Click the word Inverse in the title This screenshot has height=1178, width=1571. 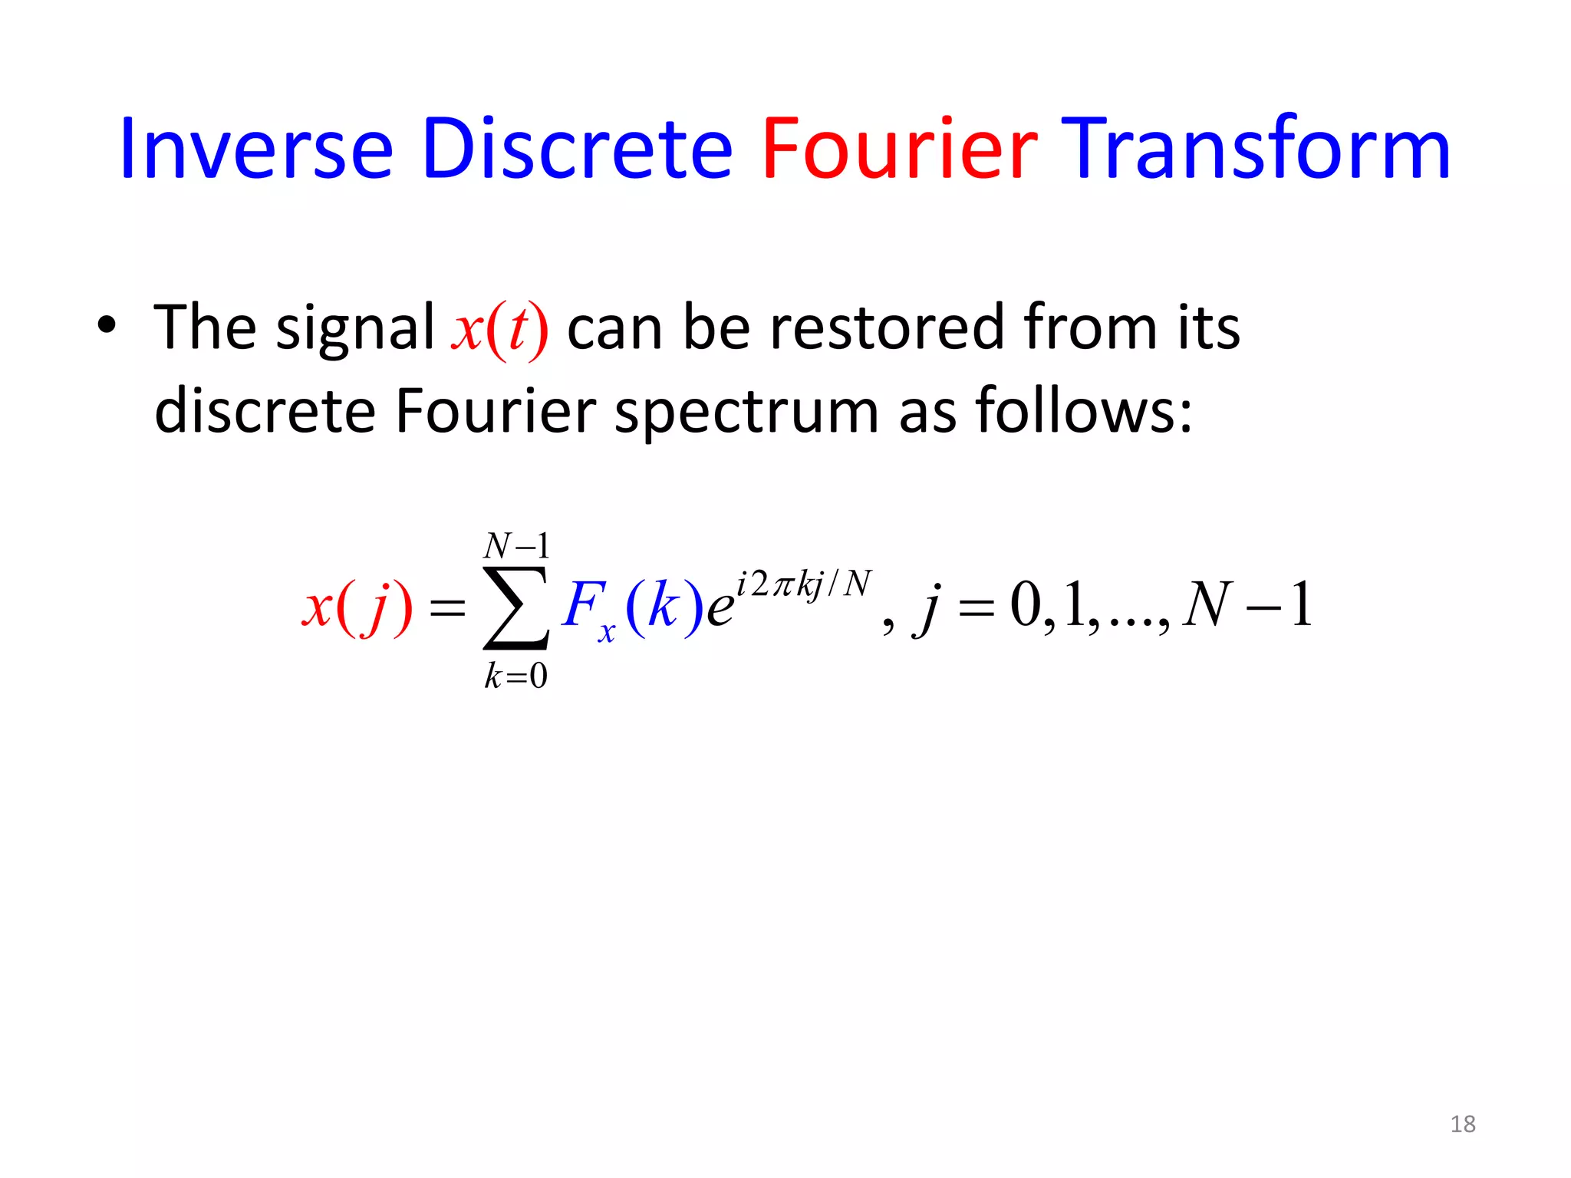(x=256, y=149)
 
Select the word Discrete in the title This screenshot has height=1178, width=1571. (x=577, y=149)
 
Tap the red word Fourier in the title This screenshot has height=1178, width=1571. (x=899, y=149)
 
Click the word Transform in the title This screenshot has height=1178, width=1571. (x=1258, y=149)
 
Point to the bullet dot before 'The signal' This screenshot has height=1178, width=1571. (x=107, y=325)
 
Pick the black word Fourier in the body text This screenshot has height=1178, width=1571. (x=495, y=411)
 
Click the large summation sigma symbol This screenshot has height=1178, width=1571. (x=515, y=607)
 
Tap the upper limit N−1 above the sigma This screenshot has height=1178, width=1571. (x=516, y=546)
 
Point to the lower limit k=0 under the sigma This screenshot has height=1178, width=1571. (x=515, y=676)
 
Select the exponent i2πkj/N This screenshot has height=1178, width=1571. (x=804, y=584)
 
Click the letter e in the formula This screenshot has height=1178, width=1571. (x=719, y=610)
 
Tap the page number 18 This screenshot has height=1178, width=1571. (x=1463, y=1124)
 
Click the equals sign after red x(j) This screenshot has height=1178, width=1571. (x=447, y=610)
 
